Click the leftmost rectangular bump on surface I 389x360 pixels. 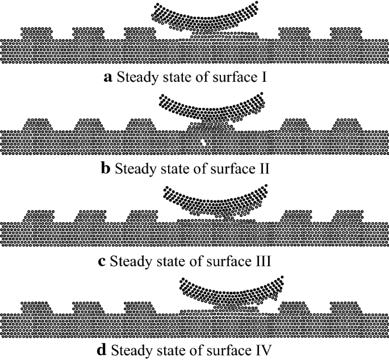click(x=37, y=32)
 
